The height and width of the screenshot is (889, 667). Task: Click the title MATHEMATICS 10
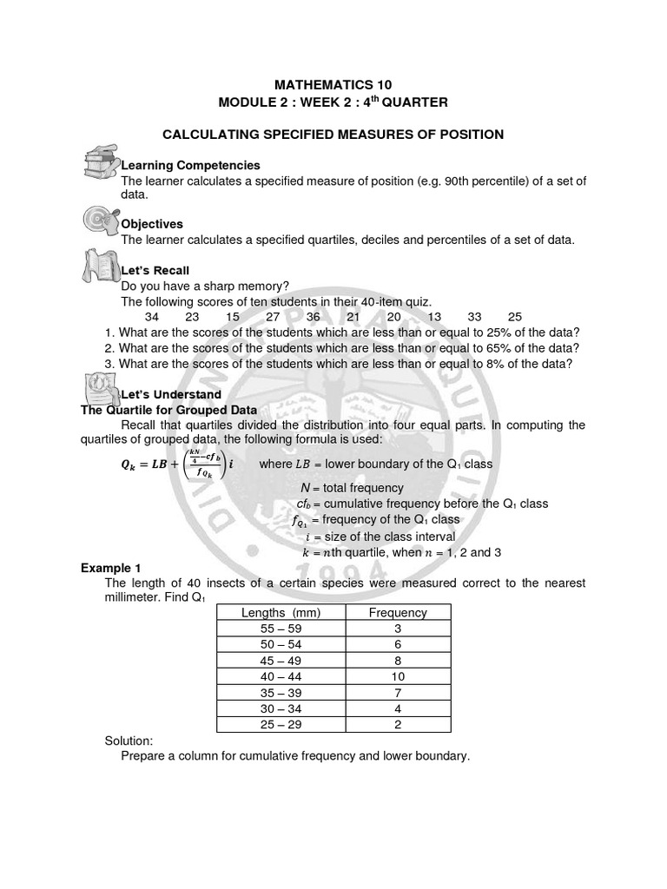click(333, 84)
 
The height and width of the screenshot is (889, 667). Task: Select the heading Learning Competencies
click(190, 165)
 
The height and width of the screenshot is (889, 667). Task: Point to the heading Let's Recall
click(155, 270)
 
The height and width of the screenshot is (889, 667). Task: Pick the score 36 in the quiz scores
click(314, 317)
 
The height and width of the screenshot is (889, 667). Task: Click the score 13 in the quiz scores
click(434, 317)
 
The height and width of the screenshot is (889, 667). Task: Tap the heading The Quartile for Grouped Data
click(168, 410)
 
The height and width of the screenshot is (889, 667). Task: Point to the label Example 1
click(111, 568)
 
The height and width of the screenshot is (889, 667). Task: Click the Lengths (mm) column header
click(281, 613)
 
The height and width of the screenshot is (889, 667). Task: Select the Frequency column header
click(398, 613)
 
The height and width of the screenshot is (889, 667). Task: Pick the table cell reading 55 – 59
click(281, 629)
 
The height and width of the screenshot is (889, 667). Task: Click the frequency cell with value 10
click(398, 676)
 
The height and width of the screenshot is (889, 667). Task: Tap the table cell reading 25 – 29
click(281, 723)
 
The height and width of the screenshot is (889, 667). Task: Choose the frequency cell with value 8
click(398, 660)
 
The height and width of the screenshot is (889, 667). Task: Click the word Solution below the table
click(129, 741)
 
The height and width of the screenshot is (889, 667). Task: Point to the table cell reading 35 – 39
click(281, 692)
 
